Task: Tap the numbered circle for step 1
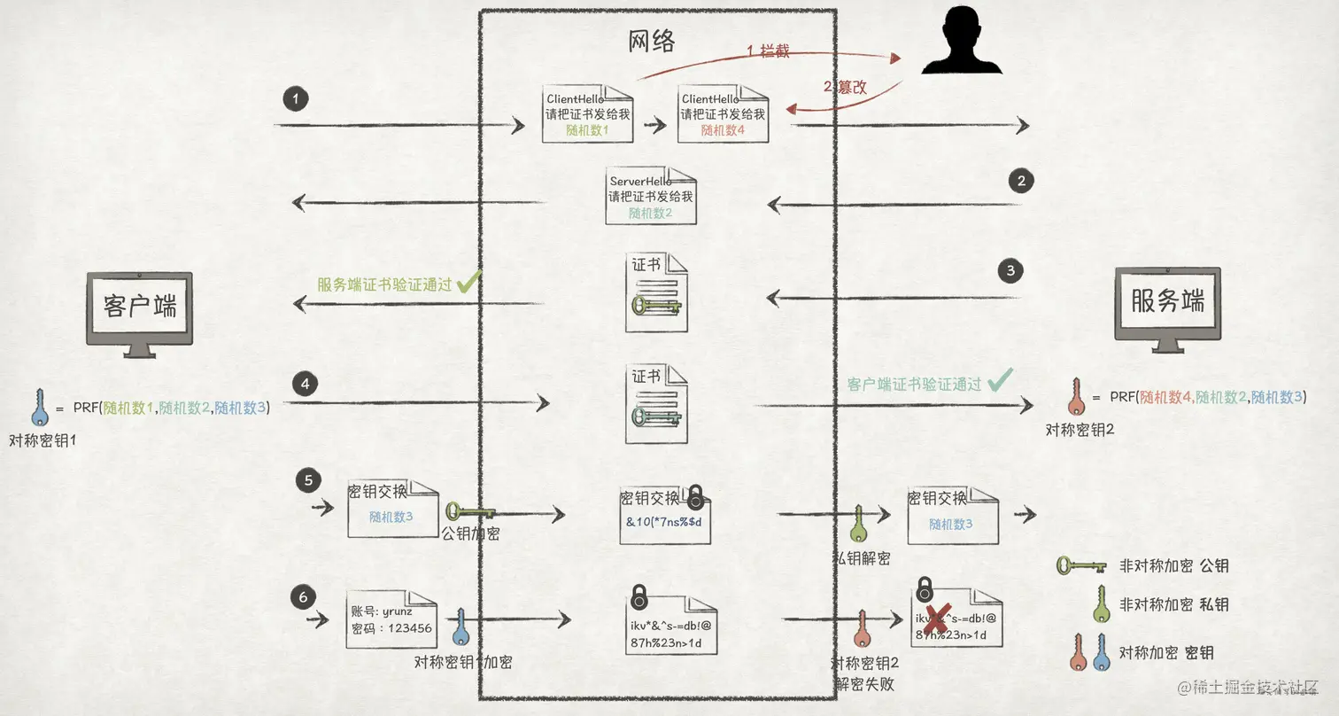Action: click(296, 97)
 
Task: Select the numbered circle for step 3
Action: click(1010, 270)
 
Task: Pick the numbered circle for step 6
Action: click(304, 597)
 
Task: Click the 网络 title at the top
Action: click(652, 40)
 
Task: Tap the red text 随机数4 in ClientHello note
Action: click(723, 129)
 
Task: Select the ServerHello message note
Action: click(651, 196)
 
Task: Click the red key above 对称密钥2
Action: click(1076, 398)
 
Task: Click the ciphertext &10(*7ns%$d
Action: click(664, 520)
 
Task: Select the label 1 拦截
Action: click(768, 51)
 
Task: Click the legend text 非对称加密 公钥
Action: click(1173, 565)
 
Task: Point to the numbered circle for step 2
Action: click(1021, 182)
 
